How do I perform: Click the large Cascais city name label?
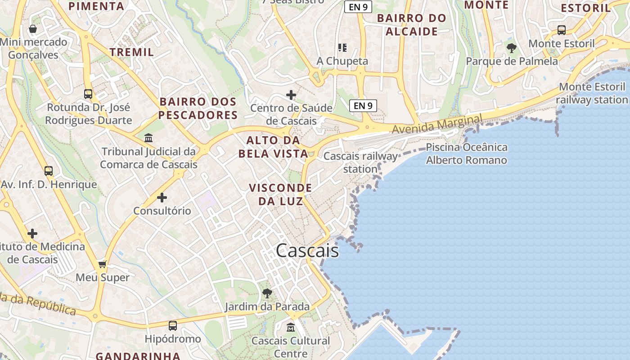(x=307, y=251)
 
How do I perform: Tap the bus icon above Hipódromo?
(x=173, y=326)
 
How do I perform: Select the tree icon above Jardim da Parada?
(x=267, y=293)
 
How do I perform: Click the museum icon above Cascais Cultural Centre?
(x=291, y=327)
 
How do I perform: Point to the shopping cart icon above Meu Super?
(x=103, y=264)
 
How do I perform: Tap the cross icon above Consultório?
(x=162, y=198)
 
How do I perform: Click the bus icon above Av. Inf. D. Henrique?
(x=49, y=171)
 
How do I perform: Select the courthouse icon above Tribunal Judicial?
(x=148, y=138)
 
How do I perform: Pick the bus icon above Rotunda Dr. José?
(x=88, y=94)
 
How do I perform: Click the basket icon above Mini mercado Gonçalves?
(x=33, y=29)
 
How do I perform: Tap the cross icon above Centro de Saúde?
(x=291, y=95)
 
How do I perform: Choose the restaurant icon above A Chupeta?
(x=342, y=47)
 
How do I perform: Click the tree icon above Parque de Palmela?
(x=511, y=48)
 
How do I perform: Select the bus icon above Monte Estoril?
(x=562, y=30)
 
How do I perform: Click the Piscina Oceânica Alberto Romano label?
(x=467, y=153)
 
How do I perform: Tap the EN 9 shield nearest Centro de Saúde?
(x=363, y=106)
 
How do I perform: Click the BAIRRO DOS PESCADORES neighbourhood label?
(x=198, y=108)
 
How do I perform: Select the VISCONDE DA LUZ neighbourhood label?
(x=280, y=194)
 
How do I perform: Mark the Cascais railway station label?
(x=360, y=162)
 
